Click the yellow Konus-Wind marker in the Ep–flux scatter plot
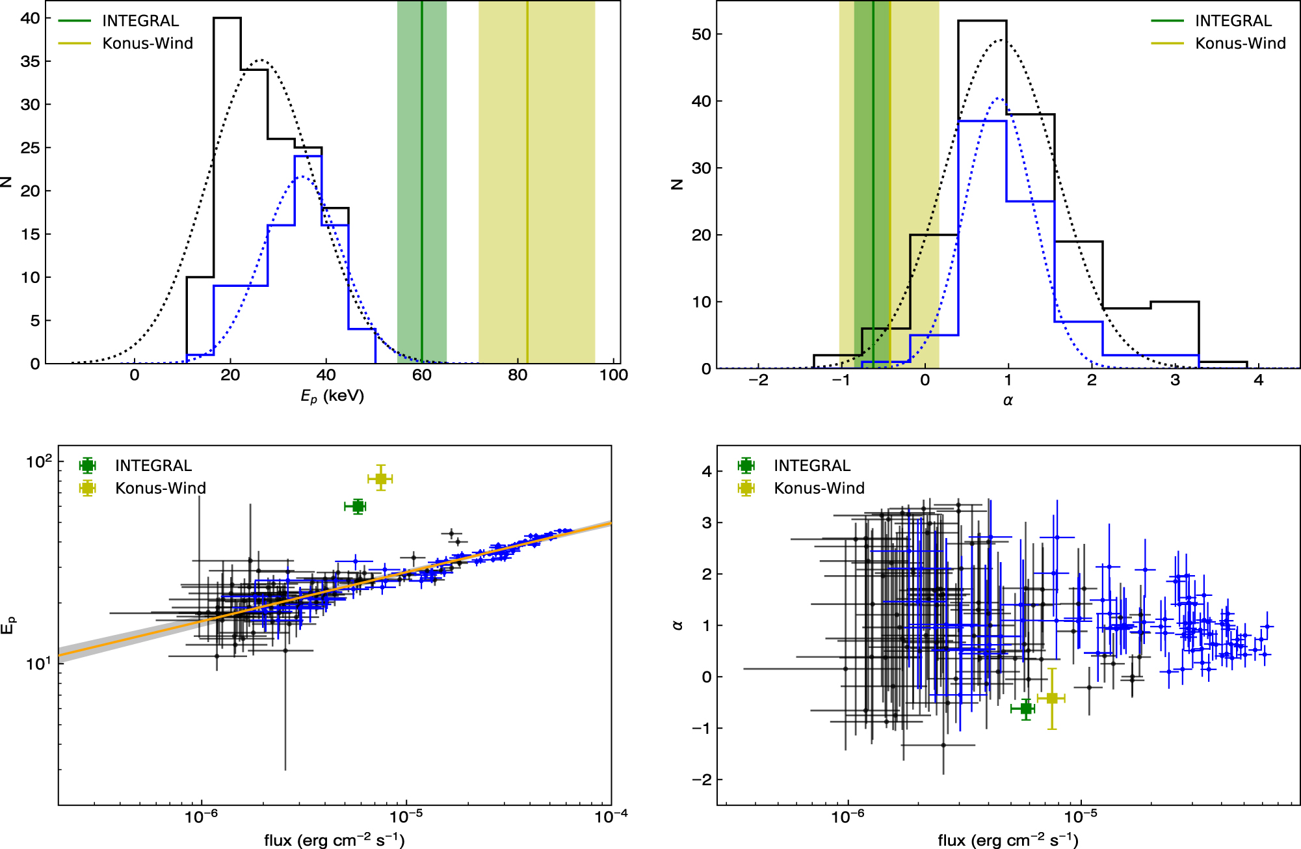click(381, 479)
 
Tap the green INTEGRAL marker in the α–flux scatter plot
click(1026, 708)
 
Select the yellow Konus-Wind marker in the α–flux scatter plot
click(1052, 698)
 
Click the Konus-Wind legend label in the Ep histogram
click(148, 44)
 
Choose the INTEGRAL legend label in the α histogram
click(1233, 21)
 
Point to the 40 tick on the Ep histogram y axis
click(30, 18)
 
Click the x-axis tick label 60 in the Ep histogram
click(422, 375)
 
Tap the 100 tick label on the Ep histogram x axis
click(613, 375)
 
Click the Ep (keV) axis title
click(332, 396)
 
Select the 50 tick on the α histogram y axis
click(702, 34)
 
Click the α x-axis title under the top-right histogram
click(1008, 401)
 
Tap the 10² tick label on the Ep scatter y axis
click(39, 462)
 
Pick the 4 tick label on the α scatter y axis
click(707, 472)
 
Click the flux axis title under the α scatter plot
click(1008, 840)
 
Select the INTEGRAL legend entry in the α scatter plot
click(811, 466)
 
